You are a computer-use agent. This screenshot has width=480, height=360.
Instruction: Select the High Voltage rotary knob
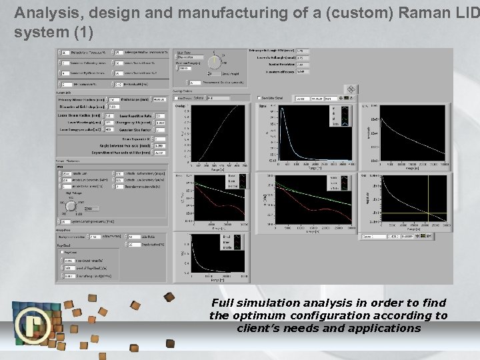coord(71,207)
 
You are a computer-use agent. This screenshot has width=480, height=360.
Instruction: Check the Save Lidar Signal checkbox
coord(259,98)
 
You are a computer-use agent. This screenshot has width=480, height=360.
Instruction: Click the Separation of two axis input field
coord(159,152)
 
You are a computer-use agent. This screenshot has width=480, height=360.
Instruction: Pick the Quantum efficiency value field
coord(302,71)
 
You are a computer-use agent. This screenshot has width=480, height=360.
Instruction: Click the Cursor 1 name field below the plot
coord(370,235)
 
